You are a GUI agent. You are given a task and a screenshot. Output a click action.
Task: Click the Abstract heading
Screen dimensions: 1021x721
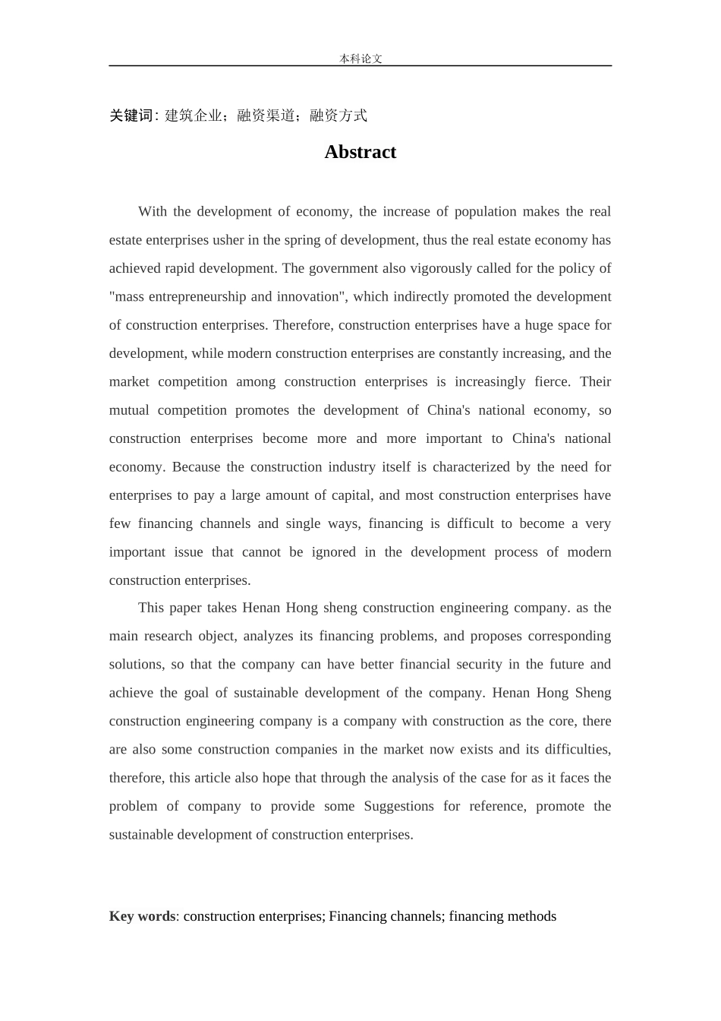[x=360, y=152]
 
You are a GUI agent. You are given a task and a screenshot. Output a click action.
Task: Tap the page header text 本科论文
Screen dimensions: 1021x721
[x=360, y=58]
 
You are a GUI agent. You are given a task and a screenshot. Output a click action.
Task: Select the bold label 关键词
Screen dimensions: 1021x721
[x=131, y=115]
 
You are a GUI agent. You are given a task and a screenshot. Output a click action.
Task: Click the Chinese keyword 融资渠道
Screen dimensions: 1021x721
[x=266, y=115]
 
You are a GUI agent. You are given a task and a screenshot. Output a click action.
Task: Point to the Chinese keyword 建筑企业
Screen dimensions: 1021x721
[x=194, y=115]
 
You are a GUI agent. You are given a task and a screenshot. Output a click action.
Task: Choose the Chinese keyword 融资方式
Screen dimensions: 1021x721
[x=338, y=115]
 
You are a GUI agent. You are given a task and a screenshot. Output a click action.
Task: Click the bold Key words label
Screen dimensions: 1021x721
[x=142, y=916]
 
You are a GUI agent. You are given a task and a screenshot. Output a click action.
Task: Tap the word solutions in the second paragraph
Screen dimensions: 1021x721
[x=136, y=664]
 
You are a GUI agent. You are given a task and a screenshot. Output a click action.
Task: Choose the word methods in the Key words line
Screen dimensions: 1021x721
[x=533, y=916]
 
